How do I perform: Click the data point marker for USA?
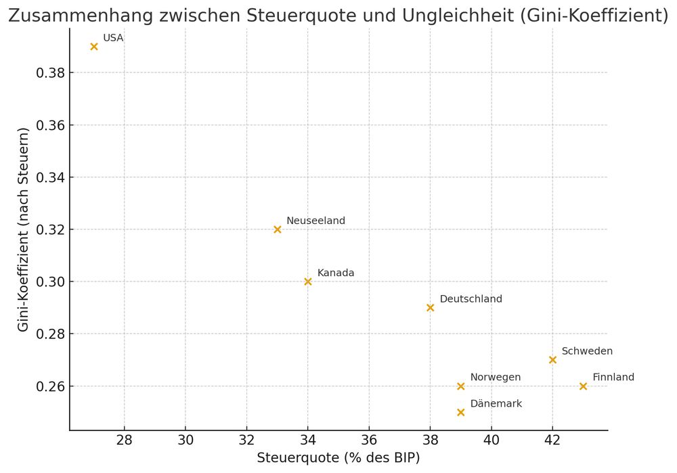(94, 47)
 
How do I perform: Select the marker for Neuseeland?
(278, 229)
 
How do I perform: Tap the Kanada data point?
(308, 281)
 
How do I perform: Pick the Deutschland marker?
(431, 308)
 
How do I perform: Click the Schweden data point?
(552, 360)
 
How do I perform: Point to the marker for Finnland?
(584, 386)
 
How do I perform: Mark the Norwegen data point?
(461, 386)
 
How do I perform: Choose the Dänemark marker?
(461, 412)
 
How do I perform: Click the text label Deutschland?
(471, 299)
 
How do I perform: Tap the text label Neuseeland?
(315, 221)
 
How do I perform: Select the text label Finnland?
(613, 378)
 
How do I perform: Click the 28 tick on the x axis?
(125, 441)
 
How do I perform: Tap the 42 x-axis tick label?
(552, 441)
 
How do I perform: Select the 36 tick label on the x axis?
(369, 441)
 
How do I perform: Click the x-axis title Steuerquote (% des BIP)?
(338, 458)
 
